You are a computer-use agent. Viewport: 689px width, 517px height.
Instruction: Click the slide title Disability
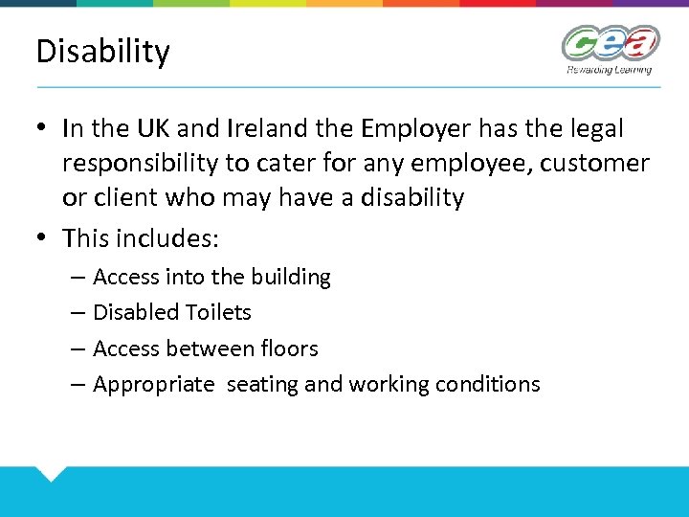[x=102, y=52]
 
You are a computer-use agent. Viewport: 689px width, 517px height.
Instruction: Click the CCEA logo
[x=611, y=44]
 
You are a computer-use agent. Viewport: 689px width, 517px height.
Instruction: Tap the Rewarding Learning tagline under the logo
[x=609, y=69]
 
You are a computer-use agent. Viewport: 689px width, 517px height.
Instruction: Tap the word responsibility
[x=140, y=164]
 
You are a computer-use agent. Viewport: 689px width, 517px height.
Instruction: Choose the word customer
[x=594, y=164]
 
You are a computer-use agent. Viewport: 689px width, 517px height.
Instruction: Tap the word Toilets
[x=218, y=312]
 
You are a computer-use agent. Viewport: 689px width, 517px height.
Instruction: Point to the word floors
[x=290, y=348]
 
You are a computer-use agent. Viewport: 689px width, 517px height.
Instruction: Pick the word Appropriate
[x=154, y=385]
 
